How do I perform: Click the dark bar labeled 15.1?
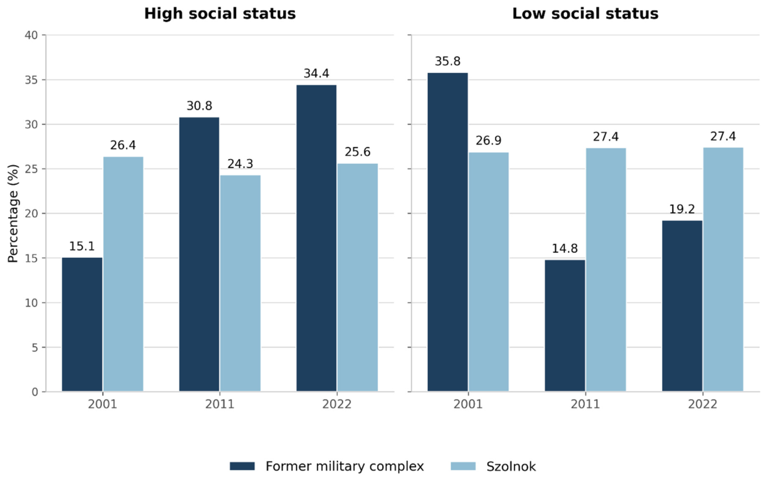(82, 324)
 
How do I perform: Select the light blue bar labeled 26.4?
(124, 274)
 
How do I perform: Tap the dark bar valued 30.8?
(199, 254)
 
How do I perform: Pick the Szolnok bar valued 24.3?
(240, 283)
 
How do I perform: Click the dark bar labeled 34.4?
(317, 238)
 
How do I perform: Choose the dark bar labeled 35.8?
(448, 232)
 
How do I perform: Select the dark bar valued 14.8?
(565, 326)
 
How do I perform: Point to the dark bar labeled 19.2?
(682, 306)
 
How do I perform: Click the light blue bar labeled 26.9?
(488, 272)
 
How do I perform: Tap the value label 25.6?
(357, 152)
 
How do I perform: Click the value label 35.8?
(448, 62)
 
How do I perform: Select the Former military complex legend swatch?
(242, 466)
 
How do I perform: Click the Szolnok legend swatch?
(463, 466)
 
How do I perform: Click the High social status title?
(220, 14)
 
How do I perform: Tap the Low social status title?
(585, 14)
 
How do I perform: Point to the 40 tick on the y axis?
(31, 35)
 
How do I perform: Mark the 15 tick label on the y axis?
(31, 259)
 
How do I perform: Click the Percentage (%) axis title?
(13, 213)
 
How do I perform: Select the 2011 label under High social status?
(220, 405)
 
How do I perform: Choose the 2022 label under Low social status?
(702, 405)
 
